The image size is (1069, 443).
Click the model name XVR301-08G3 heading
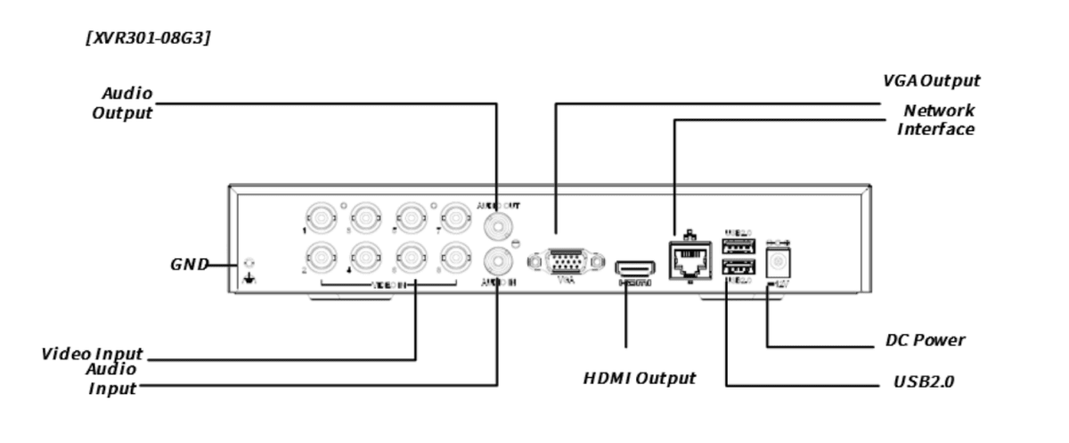pyautogui.click(x=148, y=38)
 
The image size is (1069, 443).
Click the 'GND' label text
pyautogui.click(x=189, y=265)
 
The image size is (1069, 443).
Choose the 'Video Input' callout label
pyautogui.click(x=93, y=354)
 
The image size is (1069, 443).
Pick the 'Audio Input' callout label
pyautogui.click(x=112, y=379)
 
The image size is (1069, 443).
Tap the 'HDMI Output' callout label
pyautogui.click(x=639, y=378)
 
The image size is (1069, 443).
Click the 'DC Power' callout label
pyautogui.click(x=926, y=340)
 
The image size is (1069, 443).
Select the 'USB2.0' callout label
pyautogui.click(x=924, y=383)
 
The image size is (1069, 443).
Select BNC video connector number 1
pyautogui.click(x=321, y=217)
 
